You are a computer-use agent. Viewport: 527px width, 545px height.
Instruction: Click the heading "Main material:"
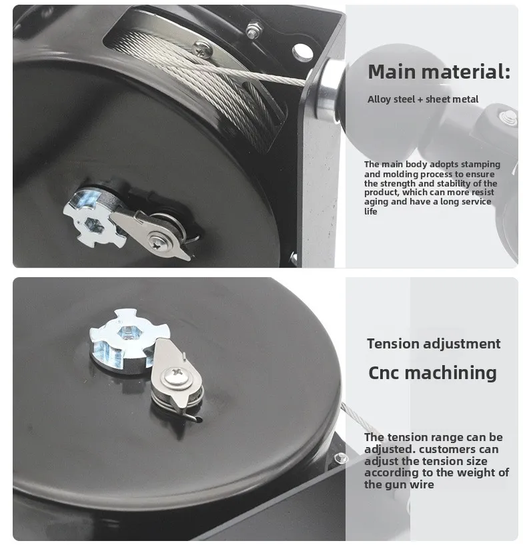438,72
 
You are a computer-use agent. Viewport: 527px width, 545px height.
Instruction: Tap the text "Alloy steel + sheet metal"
422,99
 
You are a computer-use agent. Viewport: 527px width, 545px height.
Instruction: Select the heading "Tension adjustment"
434,344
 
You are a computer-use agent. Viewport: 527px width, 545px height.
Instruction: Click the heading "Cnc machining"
432,372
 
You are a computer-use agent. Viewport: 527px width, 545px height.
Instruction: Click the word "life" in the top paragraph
371,211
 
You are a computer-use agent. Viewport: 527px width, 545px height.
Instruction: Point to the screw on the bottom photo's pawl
177,377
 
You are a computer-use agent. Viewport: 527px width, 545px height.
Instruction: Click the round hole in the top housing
302,52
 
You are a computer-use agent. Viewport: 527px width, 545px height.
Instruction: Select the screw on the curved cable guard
202,49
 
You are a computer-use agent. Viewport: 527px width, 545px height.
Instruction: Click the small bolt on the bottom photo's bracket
341,458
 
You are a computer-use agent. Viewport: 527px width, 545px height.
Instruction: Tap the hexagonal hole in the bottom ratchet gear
126,332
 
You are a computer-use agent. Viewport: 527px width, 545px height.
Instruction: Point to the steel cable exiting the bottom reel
360,420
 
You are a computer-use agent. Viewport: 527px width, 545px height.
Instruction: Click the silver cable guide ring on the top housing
327,91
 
